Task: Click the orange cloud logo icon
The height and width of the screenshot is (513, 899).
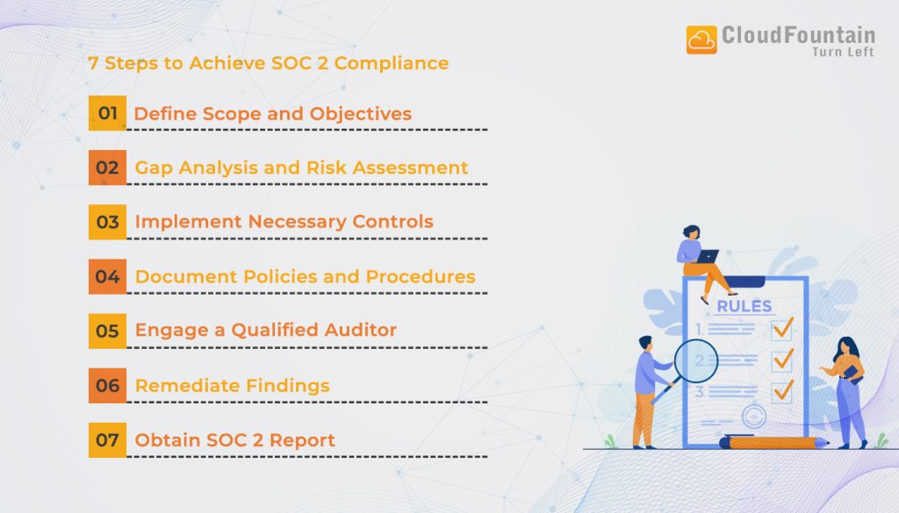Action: pos(701,40)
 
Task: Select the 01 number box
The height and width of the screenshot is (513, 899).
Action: pos(107,113)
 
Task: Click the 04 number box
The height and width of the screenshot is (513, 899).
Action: pos(107,276)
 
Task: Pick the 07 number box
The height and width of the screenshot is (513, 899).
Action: pos(107,439)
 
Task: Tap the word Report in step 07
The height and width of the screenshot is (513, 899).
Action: pos(303,439)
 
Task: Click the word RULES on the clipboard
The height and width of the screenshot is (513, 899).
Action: pos(744,306)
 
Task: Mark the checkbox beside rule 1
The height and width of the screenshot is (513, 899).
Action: pos(781,330)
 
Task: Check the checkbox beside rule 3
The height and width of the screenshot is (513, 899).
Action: pos(781,390)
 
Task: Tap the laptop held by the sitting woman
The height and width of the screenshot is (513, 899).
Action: pos(707,257)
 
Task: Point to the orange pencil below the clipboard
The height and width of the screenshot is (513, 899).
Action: pos(773,444)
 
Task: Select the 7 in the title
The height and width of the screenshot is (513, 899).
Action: pos(93,63)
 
